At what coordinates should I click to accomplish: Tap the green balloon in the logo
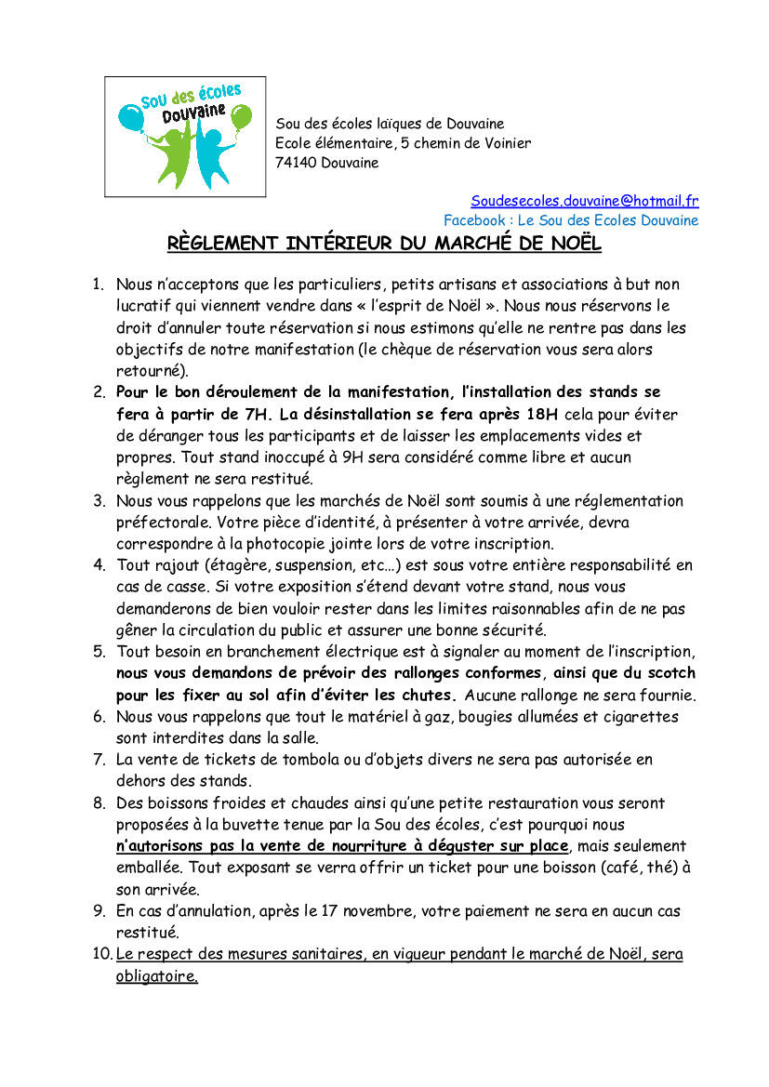[x=241, y=118]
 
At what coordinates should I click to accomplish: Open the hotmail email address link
[x=584, y=201]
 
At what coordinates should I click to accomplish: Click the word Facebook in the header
[x=475, y=220]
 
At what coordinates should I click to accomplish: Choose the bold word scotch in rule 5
[x=668, y=672]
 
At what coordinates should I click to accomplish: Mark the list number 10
[x=102, y=955]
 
